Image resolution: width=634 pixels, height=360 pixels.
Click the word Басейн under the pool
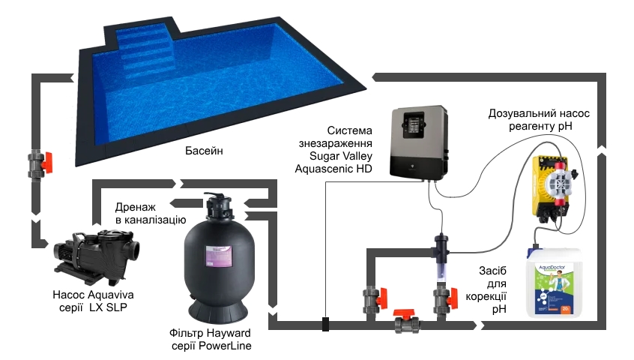coord(204,151)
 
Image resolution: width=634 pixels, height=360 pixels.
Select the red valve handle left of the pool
coord(49,163)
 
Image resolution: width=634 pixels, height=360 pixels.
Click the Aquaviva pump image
coord(97,255)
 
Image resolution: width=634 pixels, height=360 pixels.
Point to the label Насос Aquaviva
coord(93,295)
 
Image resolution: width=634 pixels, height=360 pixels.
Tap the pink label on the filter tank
coord(219,256)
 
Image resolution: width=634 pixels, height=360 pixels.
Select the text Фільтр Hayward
coord(210,333)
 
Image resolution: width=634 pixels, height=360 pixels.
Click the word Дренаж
coord(136,208)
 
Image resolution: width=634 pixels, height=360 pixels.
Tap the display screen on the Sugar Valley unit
coord(414,124)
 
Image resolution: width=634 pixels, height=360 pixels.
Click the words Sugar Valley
coord(341,156)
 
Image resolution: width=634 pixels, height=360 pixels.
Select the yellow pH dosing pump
coord(552,189)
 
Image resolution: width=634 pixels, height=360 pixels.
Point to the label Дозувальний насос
coord(539,113)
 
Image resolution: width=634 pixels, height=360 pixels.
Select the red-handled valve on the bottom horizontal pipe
coord(407,321)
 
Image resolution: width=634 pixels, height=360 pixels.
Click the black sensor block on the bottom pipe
coord(325,325)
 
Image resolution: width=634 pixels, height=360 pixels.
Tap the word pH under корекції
coord(499,309)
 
